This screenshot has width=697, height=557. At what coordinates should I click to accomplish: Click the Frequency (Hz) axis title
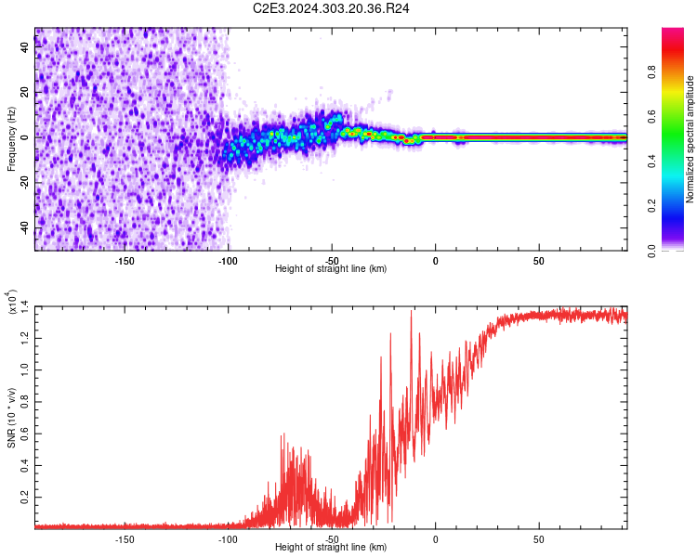(11, 139)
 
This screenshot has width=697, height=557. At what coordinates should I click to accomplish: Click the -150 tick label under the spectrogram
(125, 261)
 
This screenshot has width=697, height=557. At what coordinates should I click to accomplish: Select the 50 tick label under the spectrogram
(539, 261)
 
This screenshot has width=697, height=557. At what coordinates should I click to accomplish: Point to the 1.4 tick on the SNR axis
(25, 305)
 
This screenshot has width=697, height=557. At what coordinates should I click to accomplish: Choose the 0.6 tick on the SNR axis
(25, 434)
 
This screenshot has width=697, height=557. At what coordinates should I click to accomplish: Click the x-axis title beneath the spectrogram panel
(331, 269)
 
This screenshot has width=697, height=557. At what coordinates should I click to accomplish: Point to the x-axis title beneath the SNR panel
(331, 548)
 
